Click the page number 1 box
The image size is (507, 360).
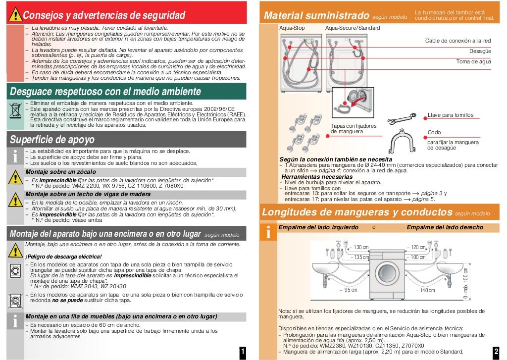pyautogui.click(x=243, y=352)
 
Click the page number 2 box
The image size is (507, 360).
pyautogui.click(x=496, y=352)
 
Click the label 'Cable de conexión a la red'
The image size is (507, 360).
pyautogui.click(x=458, y=41)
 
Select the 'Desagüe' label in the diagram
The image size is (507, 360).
pyautogui.click(x=480, y=51)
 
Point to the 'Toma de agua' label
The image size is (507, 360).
pyautogui.click(x=473, y=61)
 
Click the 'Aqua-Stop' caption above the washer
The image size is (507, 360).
pyautogui.click(x=292, y=28)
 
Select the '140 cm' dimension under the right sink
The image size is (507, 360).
pyautogui.click(x=426, y=290)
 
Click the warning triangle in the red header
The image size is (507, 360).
pyautogui.click(x=15, y=15)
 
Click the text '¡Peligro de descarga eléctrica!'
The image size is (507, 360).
pyautogui.click(x=63, y=257)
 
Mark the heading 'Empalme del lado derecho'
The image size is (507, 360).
pyautogui.click(x=445, y=227)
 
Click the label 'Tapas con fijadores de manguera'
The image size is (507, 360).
pyautogui.click(x=354, y=128)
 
